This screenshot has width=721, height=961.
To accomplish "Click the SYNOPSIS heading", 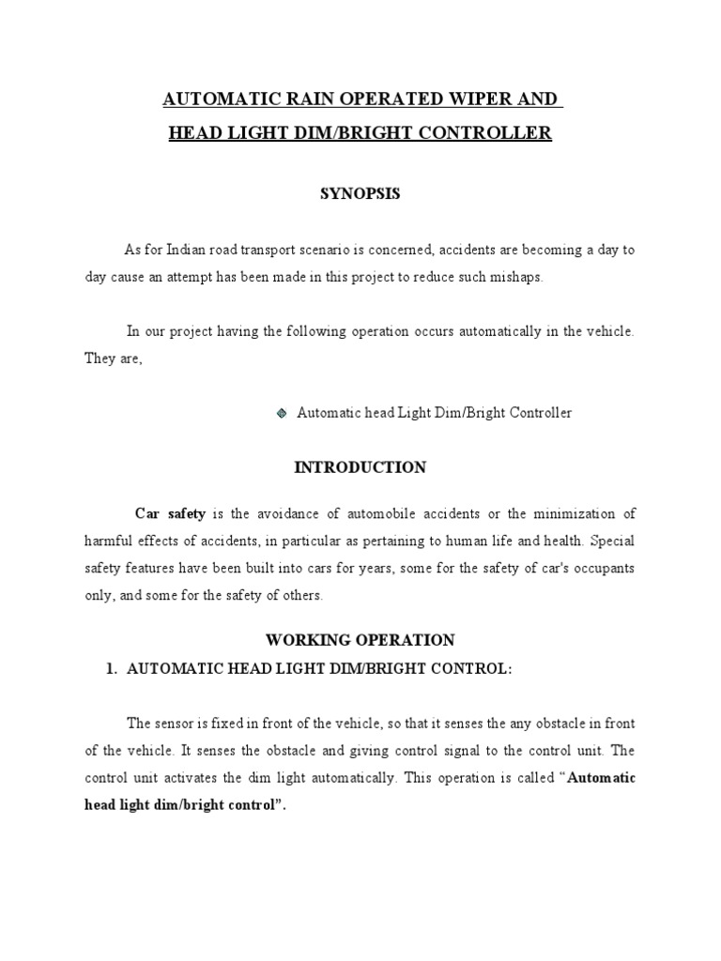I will (360, 193).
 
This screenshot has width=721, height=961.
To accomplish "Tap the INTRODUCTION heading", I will (360, 467).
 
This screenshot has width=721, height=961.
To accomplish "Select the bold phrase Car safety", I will (170, 513).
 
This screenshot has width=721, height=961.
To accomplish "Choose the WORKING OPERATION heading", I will (360, 640).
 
